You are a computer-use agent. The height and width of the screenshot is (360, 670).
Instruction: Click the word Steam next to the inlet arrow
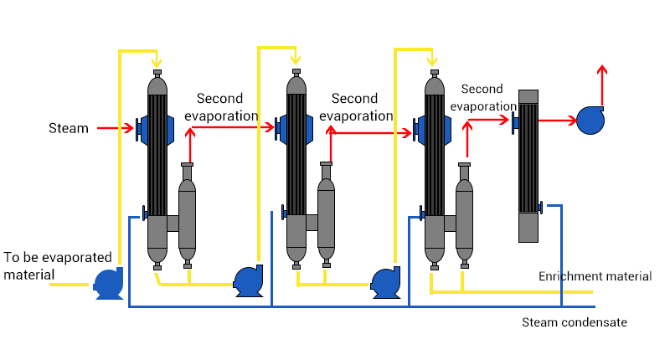click(69, 128)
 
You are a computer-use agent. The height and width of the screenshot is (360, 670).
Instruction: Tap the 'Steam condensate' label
click(575, 322)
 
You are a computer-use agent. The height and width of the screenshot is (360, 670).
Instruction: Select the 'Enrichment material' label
click(595, 276)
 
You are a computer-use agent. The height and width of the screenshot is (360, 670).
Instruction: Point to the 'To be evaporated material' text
click(58, 265)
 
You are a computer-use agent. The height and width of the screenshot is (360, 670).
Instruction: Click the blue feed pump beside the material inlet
click(109, 283)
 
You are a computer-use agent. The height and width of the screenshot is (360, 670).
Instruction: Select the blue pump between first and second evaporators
click(248, 280)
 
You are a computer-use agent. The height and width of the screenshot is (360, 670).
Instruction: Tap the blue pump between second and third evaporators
click(386, 282)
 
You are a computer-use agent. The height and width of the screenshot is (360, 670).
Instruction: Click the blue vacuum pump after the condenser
click(590, 121)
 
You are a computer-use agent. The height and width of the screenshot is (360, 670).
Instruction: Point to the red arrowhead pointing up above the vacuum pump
click(602, 69)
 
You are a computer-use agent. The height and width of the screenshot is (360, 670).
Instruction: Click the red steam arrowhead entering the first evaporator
click(129, 128)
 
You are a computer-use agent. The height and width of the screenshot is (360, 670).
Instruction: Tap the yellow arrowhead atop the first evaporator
click(157, 63)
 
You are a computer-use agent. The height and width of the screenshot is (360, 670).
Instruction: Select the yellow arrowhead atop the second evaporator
click(296, 59)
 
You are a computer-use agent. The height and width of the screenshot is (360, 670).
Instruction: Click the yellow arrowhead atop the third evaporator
click(432, 61)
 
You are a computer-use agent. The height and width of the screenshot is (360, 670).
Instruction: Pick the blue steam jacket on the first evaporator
click(155, 130)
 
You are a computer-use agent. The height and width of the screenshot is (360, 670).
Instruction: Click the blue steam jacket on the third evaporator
click(432, 131)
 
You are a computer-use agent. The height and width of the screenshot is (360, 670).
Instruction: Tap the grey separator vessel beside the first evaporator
click(187, 215)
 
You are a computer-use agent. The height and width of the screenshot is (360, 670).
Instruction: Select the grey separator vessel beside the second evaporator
click(327, 214)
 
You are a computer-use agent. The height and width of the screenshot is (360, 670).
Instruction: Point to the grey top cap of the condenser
click(528, 96)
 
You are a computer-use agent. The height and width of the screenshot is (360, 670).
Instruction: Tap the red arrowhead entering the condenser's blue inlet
click(504, 120)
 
